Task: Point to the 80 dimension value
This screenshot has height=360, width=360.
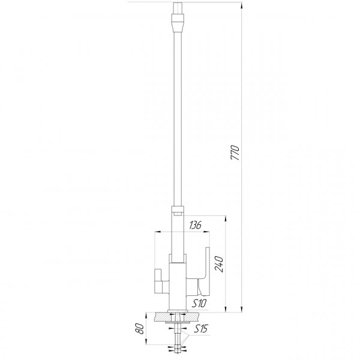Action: coord(140,329)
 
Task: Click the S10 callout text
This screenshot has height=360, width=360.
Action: coord(197,304)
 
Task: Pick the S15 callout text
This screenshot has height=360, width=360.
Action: coord(200,329)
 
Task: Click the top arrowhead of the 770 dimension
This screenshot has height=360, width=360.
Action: coord(242,4)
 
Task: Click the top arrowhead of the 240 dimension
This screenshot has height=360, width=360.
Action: coord(225,217)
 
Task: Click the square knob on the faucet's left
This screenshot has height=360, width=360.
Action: coord(161,278)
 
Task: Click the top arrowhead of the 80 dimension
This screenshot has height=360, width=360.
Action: coord(148,314)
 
